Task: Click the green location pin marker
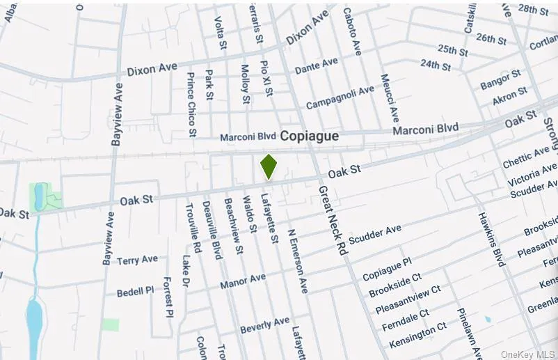[269, 166]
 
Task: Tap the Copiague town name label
[310, 136]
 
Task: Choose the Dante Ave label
[316, 66]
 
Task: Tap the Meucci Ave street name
[389, 99]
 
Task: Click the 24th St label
[436, 64]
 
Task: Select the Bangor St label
[500, 79]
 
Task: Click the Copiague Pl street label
[387, 269]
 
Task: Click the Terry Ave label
[137, 260]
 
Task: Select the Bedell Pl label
[135, 291]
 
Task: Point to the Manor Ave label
[243, 281]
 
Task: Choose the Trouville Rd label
[193, 228]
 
